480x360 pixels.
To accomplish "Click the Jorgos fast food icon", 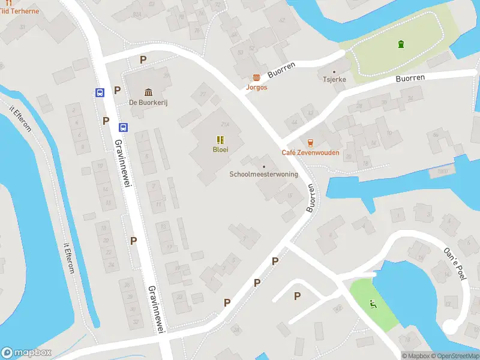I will point(257,77).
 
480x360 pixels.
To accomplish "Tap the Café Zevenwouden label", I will point(310,152).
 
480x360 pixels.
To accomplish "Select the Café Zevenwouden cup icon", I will point(310,143).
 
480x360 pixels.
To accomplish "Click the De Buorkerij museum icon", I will point(148,92).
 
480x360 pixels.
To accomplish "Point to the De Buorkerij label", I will point(148,103).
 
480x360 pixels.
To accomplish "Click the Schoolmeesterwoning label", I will point(263,175).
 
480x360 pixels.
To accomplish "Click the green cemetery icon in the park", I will point(400,43).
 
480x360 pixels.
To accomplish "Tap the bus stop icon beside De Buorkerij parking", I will point(99,92).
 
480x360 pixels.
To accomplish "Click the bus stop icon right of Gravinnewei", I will point(123,127).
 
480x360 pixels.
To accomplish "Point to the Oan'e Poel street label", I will point(454,264).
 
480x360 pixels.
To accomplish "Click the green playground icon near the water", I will point(373,304).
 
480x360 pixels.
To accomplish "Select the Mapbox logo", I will point(26,353).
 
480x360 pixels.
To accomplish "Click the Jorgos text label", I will point(257,88).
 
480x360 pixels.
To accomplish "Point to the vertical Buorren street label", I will point(311,198).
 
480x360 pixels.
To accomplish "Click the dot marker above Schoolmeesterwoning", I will point(263,166).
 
